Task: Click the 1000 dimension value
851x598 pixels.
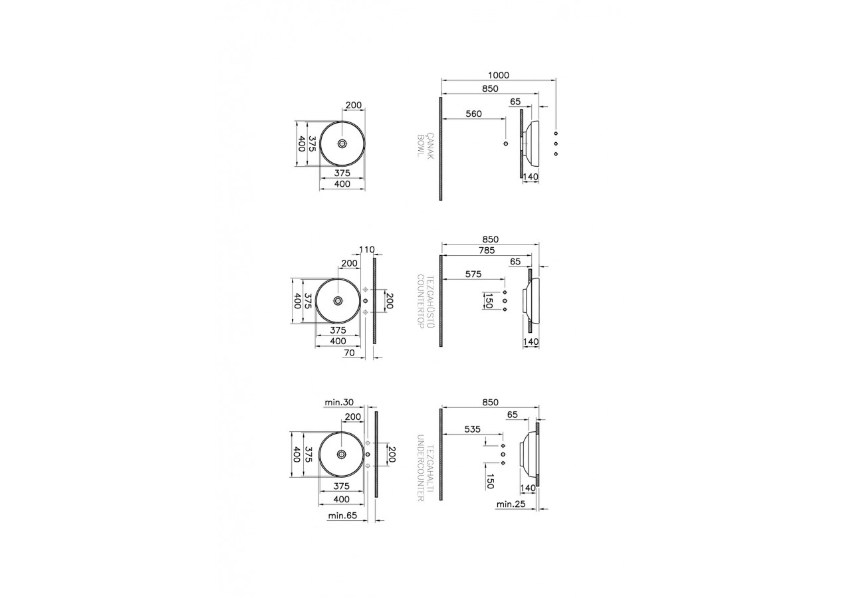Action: point(499,75)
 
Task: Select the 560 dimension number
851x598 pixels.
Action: point(474,114)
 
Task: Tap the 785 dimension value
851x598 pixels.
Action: point(487,250)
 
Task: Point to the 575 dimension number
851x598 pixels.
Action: point(473,274)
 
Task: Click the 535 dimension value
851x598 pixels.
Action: point(473,429)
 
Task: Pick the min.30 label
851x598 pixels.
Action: point(339,402)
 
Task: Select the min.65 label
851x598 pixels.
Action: point(342,516)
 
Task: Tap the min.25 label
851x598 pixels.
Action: point(511,504)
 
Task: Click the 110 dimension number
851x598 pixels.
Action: point(367,250)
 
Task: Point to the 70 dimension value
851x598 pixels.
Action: point(349,353)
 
